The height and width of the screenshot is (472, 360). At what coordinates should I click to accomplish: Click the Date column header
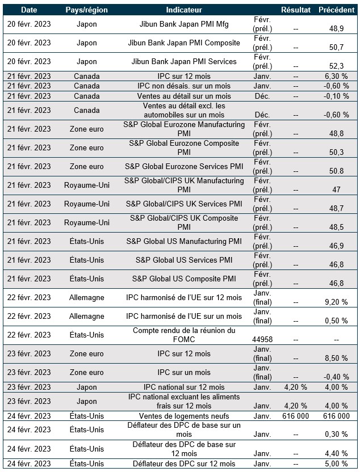tap(28, 10)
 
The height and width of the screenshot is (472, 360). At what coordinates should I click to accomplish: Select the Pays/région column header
tap(86, 10)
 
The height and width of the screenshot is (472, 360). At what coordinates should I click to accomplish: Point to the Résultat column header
tap(296, 10)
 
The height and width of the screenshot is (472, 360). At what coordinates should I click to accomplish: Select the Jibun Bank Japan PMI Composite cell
tap(184, 43)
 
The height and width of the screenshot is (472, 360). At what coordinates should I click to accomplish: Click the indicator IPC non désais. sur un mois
tap(184, 86)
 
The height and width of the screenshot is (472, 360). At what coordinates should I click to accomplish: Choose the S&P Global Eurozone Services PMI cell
tap(184, 167)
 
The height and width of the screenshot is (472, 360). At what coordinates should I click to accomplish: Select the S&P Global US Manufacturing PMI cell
tap(184, 242)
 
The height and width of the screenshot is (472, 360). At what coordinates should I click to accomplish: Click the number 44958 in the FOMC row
tap(262, 339)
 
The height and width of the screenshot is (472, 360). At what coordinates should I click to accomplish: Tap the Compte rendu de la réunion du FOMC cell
tap(184, 335)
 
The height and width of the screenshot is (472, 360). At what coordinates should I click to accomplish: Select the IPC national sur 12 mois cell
tap(184, 387)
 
